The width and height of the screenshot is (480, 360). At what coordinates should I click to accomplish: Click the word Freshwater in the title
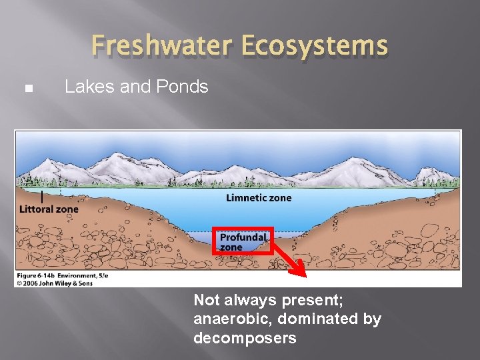(x=164, y=45)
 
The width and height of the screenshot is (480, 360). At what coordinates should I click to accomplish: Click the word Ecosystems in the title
(x=315, y=45)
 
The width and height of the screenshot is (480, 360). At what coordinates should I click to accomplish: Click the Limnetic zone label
(x=259, y=197)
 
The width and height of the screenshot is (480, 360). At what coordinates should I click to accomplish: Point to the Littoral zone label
(x=49, y=209)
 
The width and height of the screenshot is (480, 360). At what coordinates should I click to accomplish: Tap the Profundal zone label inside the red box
(x=243, y=242)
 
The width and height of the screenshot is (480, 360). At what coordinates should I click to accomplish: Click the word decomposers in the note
(x=245, y=338)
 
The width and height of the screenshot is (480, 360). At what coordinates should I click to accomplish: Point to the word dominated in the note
(x=317, y=319)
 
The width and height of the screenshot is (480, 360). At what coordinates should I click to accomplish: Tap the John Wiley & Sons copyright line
(x=55, y=283)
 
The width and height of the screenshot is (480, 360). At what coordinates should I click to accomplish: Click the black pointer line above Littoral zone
(x=42, y=197)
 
